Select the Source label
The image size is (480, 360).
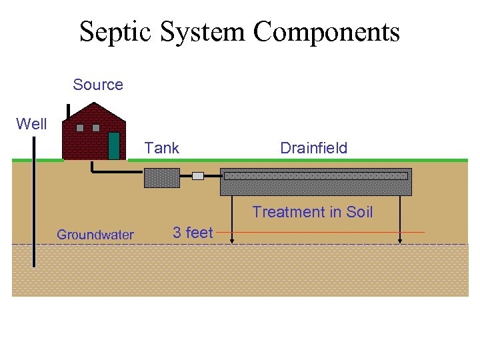click(x=98, y=85)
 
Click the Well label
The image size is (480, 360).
click(x=31, y=124)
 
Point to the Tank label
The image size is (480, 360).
click(x=162, y=148)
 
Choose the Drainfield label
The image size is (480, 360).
click(x=313, y=148)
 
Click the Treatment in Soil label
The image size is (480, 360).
click(x=312, y=212)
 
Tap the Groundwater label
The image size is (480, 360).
click(x=95, y=235)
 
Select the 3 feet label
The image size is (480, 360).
click(x=193, y=233)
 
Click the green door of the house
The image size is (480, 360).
click(x=114, y=145)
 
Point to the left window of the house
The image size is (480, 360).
click(x=80, y=127)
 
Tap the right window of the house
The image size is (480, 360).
click(x=96, y=127)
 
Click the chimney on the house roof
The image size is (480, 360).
click(x=68, y=111)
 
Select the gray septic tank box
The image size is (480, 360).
click(x=162, y=178)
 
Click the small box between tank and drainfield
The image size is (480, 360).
click(x=198, y=176)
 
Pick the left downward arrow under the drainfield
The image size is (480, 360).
click(x=231, y=220)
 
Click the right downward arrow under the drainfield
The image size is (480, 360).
click(x=400, y=220)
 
